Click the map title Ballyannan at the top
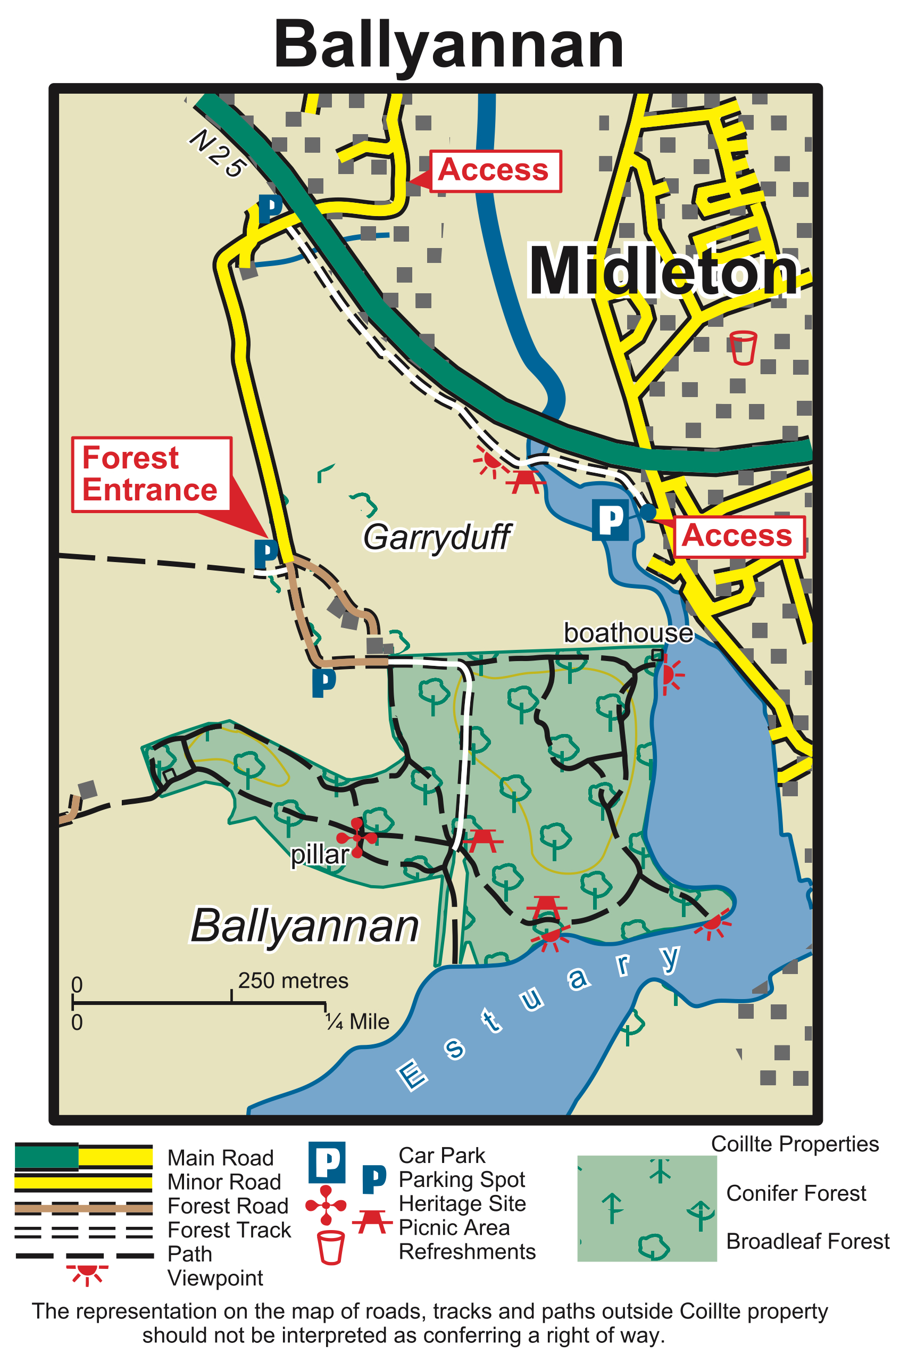coord(449,45)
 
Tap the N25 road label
coord(218,153)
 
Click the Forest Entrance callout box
coord(151,474)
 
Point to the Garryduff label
coord(436,537)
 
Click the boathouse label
coord(628,633)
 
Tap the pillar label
coord(319,855)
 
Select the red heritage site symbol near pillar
coord(357,838)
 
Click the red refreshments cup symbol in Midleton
coord(742,348)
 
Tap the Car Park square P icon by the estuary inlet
coord(610,519)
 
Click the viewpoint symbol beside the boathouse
coord(669,675)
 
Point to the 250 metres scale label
coord(293,981)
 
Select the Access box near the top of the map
coord(495,170)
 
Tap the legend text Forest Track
coord(229,1230)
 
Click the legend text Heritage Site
coord(462,1203)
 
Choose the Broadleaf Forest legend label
coord(807,1242)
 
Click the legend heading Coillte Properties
coord(794,1144)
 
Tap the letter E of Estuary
coord(412,1075)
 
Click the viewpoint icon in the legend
coord(87,1273)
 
